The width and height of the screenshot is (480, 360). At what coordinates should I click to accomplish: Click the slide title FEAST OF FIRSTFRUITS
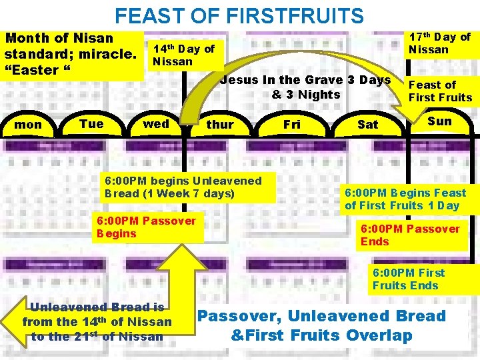(239, 15)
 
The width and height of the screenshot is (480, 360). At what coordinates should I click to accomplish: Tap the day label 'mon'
(28, 125)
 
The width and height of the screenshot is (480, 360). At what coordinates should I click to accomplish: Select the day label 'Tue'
(91, 124)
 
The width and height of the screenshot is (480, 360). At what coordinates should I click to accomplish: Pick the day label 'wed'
(156, 124)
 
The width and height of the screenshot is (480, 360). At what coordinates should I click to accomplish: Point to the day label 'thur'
(220, 125)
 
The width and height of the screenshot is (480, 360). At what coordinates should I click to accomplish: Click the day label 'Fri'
(292, 125)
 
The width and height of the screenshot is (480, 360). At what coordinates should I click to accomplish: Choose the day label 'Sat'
(367, 125)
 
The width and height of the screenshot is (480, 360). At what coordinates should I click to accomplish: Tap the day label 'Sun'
(439, 121)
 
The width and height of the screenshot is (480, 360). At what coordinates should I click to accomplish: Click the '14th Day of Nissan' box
(184, 55)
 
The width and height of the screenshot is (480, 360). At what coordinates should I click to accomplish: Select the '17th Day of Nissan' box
(439, 43)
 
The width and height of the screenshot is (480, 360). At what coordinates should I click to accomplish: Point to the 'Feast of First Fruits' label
(440, 91)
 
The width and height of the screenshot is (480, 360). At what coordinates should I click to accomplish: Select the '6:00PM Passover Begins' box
(147, 227)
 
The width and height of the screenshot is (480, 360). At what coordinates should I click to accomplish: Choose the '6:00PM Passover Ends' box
(410, 235)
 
